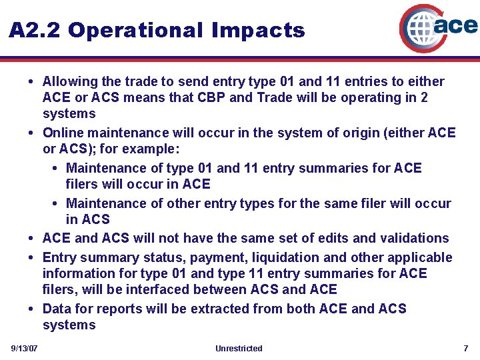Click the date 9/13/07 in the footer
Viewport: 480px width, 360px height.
(24, 349)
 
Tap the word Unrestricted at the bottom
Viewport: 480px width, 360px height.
(239, 349)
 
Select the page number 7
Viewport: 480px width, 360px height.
(466, 349)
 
